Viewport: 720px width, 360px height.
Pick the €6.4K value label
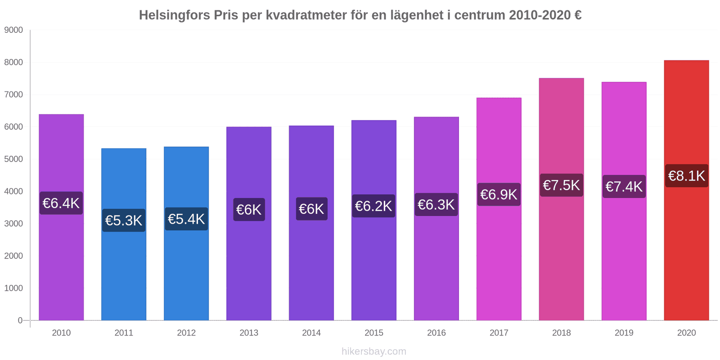[61, 203]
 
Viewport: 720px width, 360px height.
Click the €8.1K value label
[686, 175]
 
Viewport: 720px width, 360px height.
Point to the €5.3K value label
[124, 220]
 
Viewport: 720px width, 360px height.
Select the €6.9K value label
[499, 194]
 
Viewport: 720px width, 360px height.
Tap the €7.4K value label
[624, 186]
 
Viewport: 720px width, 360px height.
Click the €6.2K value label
[373, 206]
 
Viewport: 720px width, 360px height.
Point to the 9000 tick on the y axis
[13, 30]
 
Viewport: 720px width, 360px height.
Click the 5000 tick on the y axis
[13, 159]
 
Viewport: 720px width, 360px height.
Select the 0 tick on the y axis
[20, 320]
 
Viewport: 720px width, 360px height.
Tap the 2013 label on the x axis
[249, 333]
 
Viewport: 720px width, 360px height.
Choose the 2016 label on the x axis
[436, 333]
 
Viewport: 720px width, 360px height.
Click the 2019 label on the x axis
[624, 333]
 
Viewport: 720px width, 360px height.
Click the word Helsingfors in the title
[175, 15]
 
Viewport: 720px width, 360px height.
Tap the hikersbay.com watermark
[373, 351]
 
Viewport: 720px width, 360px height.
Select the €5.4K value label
[186, 219]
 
